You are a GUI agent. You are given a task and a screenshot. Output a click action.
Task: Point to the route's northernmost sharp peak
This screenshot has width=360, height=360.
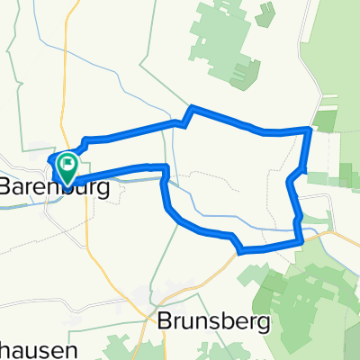[189, 109]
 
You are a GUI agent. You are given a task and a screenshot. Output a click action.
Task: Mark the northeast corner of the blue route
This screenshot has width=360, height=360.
[310, 130]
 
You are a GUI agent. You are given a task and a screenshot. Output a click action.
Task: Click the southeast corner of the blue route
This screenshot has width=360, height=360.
[300, 240]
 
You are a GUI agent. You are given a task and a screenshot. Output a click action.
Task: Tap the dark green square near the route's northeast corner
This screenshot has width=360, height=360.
[323, 121]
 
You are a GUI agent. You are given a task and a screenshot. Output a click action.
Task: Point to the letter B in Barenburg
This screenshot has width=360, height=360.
[6, 187]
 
